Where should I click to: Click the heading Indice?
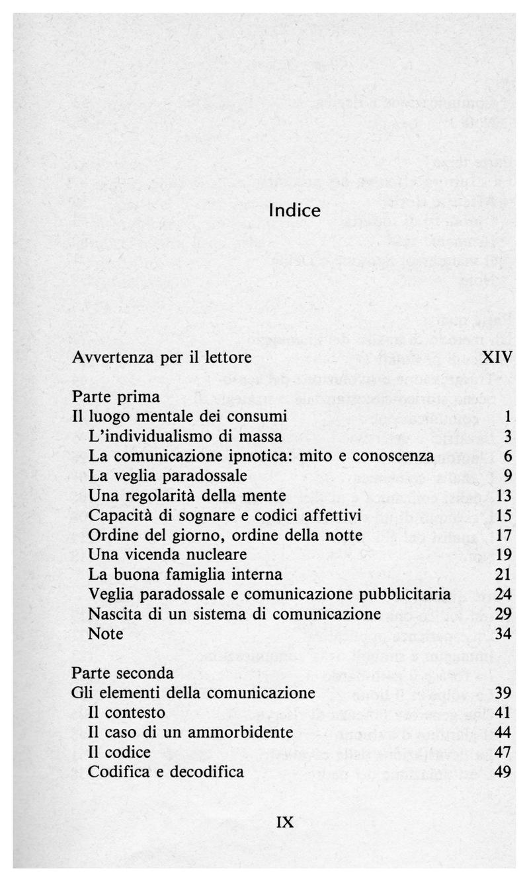click(295, 211)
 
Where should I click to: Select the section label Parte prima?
click(116, 397)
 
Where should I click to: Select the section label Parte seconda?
click(123, 674)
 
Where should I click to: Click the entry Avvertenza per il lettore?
click(162, 358)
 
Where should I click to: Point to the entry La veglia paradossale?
click(167, 476)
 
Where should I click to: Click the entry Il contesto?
click(126, 713)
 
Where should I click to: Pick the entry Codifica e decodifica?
click(166, 771)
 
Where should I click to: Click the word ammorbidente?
click(246, 732)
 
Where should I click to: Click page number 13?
click(505, 495)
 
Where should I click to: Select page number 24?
click(505, 594)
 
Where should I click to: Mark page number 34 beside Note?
click(505, 633)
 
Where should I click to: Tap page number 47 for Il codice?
click(505, 752)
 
